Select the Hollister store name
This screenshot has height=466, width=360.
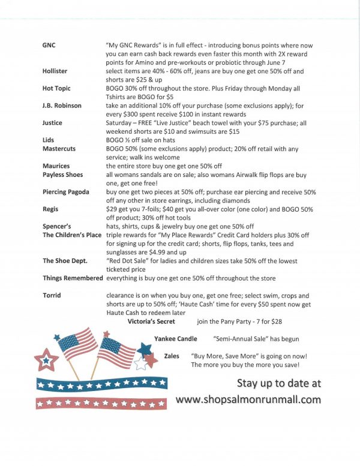coord(55,71)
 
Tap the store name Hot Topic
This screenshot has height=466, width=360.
coord(56,88)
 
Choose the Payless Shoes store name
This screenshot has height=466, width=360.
coord(63,175)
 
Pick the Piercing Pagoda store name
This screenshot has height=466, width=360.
coord(66,192)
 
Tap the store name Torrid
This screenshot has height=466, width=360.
coord(52,296)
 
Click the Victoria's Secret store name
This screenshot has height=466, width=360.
coord(151,321)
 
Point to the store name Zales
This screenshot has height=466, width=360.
coord(172,356)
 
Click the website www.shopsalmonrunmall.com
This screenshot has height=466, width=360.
coord(248,399)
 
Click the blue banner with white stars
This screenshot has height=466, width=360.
coord(101,383)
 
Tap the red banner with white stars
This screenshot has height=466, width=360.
coord(101,402)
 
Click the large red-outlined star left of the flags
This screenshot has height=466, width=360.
coord(46,361)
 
